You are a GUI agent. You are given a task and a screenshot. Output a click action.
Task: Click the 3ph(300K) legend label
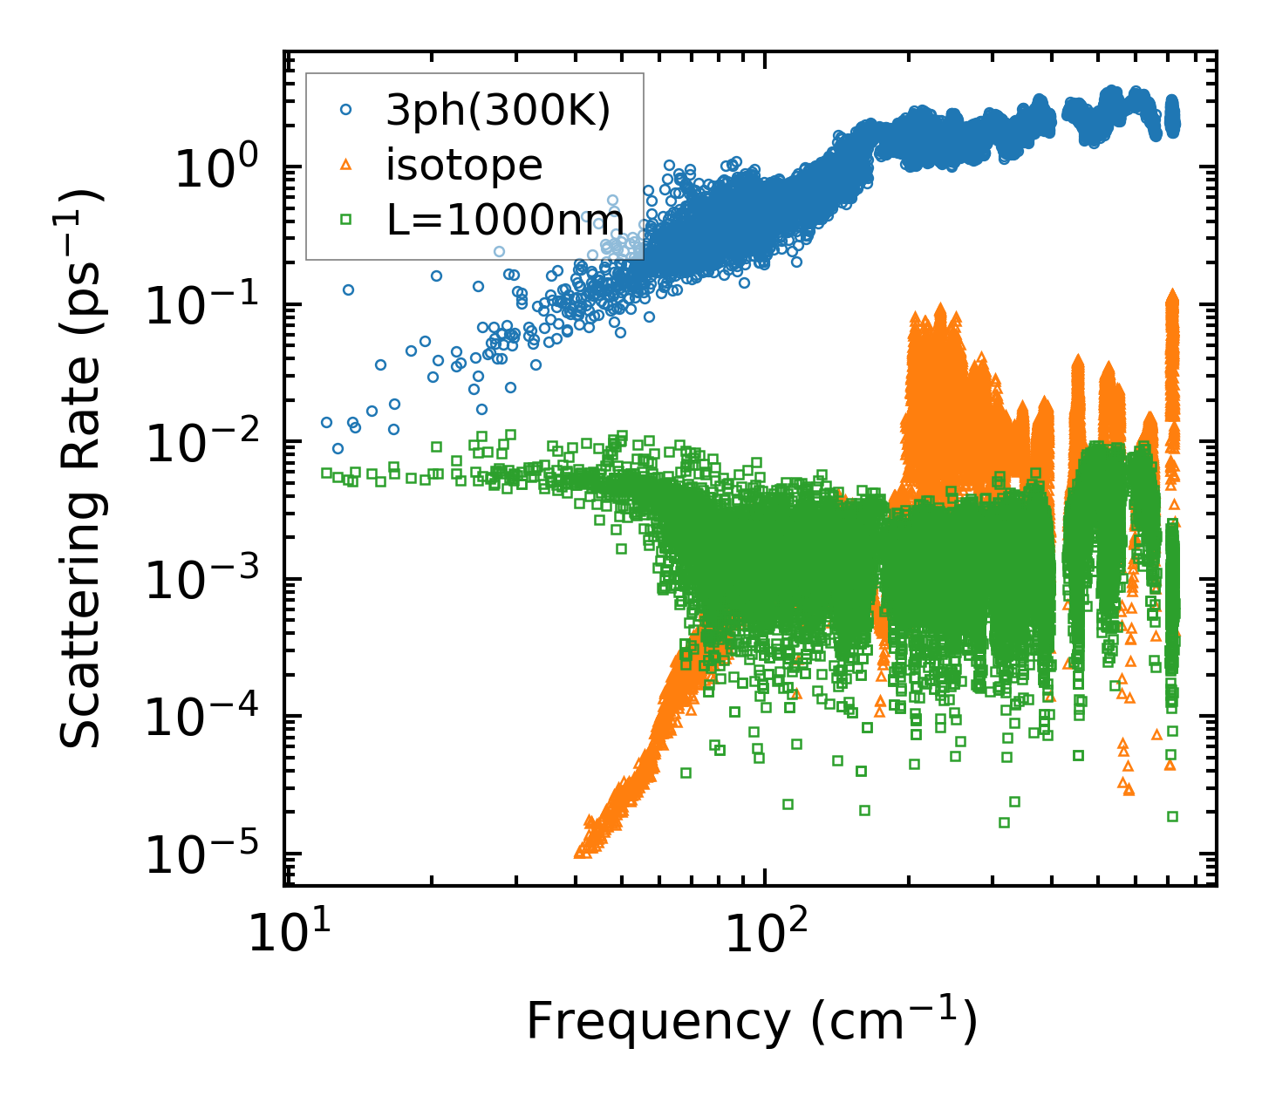498,111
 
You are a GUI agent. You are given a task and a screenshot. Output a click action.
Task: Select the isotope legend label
464,165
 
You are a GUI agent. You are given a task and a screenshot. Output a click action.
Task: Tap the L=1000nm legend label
505,220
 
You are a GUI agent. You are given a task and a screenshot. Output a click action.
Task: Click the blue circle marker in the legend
345,110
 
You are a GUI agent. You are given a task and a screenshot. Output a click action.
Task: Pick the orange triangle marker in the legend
345,164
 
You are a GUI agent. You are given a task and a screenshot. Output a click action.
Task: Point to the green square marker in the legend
345,220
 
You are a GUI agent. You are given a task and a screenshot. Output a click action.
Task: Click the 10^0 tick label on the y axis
216,168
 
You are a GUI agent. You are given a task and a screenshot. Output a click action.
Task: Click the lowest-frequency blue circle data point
327,422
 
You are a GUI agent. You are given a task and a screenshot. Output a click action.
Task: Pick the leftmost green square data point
327,473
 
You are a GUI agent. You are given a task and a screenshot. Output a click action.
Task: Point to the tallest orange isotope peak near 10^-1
1172,295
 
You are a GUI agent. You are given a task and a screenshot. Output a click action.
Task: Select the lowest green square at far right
1172,816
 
